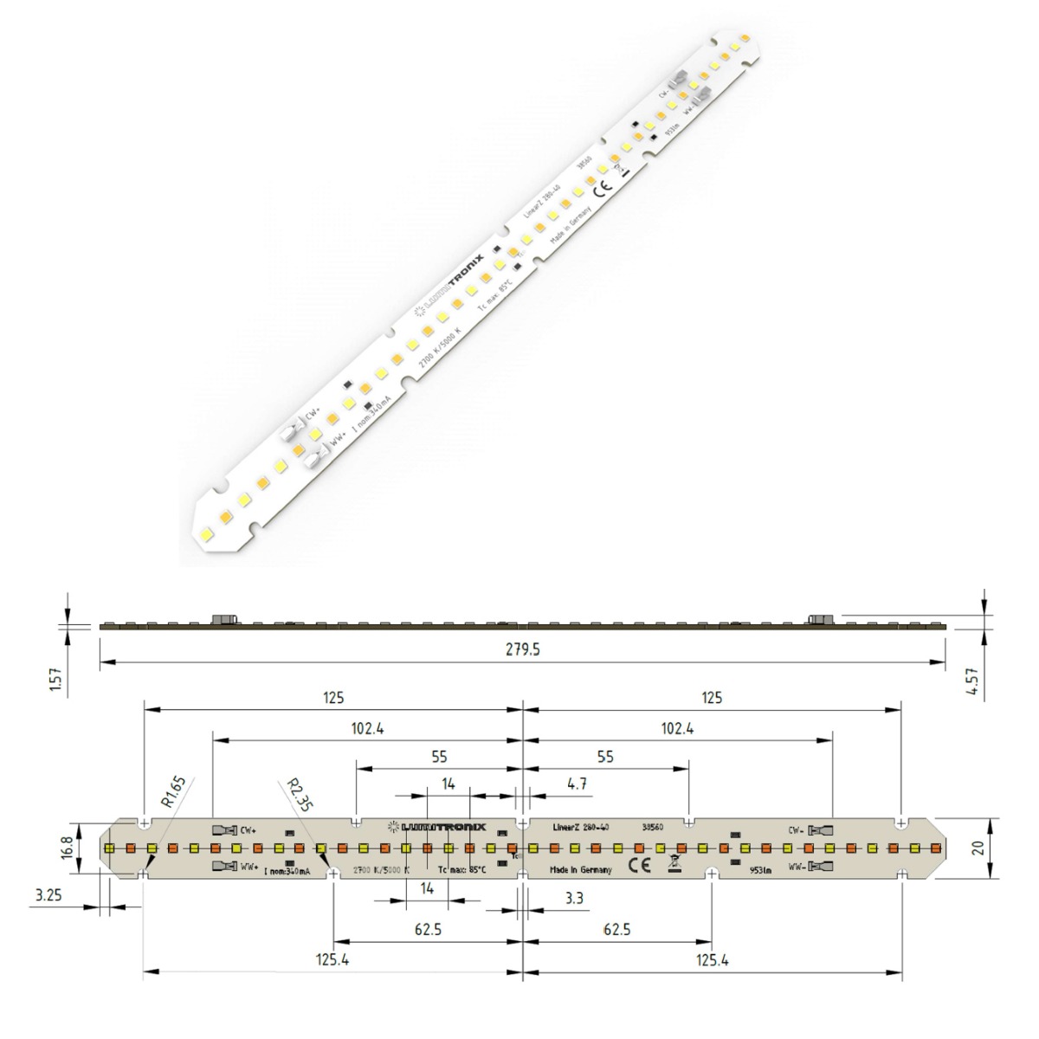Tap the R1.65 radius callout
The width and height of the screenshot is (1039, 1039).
tap(172, 794)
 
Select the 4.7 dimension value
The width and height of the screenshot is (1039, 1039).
tap(578, 784)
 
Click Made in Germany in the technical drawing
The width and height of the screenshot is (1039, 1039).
tap(581, 870)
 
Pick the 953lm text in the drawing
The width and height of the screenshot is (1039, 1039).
tap(759, 871)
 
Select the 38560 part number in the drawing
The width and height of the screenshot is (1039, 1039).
tap(652, 827)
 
